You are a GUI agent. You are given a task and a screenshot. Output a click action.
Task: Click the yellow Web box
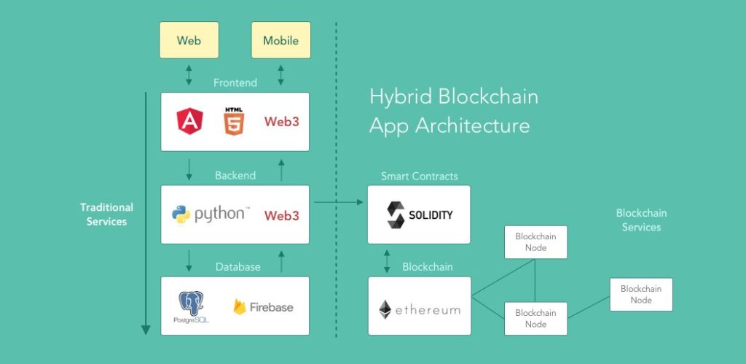coord(189,40)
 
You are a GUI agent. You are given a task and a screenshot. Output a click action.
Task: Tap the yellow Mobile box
coord(280,40)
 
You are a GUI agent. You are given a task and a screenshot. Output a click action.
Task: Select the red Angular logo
coord(189,121)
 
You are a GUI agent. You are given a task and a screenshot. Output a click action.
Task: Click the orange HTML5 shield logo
coord(234,121)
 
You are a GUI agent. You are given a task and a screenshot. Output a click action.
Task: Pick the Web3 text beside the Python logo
coord(281,215)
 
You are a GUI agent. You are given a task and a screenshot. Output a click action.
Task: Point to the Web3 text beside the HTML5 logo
coord(281,122)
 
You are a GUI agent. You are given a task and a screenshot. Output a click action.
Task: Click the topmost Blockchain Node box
coord(535,242)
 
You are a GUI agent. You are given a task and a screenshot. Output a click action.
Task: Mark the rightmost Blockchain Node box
coord(641,294)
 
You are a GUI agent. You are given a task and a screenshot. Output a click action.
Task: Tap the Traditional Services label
coord(106,214)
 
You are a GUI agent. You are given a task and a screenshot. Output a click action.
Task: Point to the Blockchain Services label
coord(641,220)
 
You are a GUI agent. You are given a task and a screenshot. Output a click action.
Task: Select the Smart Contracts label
coord(419,177)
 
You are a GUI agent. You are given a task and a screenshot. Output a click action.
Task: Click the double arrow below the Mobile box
coord(280,74)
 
